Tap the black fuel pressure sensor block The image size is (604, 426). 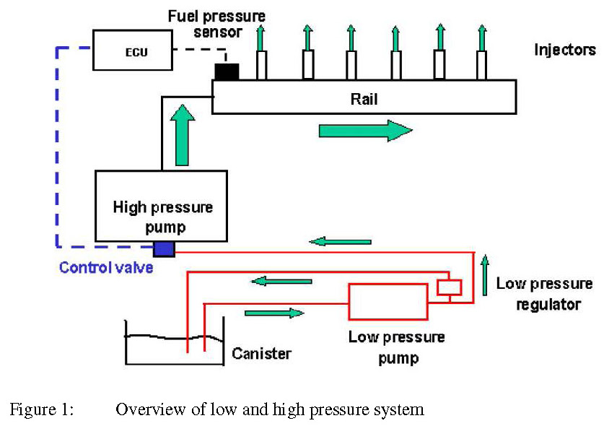pos(226,71)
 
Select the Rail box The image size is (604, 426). pos(364,96)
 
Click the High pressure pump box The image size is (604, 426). pos(162,206)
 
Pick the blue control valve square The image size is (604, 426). pos(164,249)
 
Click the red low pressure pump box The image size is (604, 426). pos(388,301)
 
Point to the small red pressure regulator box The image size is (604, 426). pos(449,287)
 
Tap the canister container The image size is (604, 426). pos(173,347)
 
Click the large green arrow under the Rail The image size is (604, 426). pos(364,131)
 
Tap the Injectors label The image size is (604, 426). pos(565,50)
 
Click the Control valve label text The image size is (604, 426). pos(106,268)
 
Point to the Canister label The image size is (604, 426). pos(261,354)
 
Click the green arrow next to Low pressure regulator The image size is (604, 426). pos(485,275)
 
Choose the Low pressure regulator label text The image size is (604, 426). pos(545,294)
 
